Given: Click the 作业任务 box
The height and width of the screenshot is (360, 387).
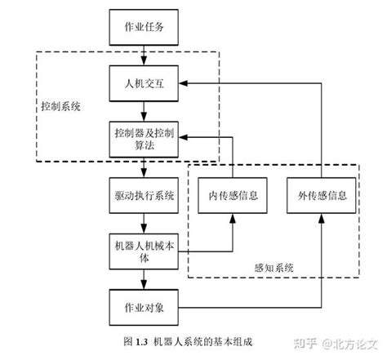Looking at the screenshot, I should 143,27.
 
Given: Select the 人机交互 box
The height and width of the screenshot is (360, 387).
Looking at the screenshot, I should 143,82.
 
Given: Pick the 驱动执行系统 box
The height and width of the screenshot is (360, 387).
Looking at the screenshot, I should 143,196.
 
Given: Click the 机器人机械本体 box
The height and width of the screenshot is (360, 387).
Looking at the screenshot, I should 143,249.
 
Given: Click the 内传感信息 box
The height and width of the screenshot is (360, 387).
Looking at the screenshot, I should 232,196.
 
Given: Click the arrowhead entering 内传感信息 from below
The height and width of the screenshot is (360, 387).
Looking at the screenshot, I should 232,219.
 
